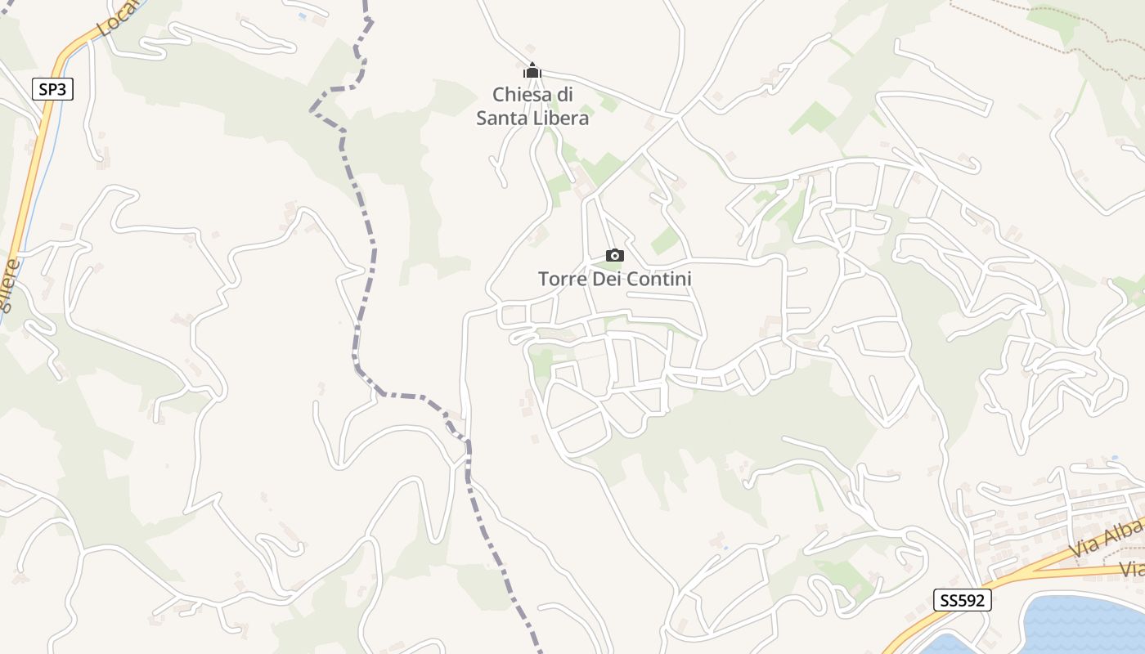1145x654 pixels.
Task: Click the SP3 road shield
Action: coord(52,89)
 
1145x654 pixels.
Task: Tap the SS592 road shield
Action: coord(963,600)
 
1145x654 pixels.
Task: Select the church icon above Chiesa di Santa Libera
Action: coord(532,71)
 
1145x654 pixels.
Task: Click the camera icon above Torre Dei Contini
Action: coord(615,256)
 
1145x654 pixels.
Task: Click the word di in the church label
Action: coord(564,95)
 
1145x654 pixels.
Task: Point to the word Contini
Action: coord(659,279)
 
